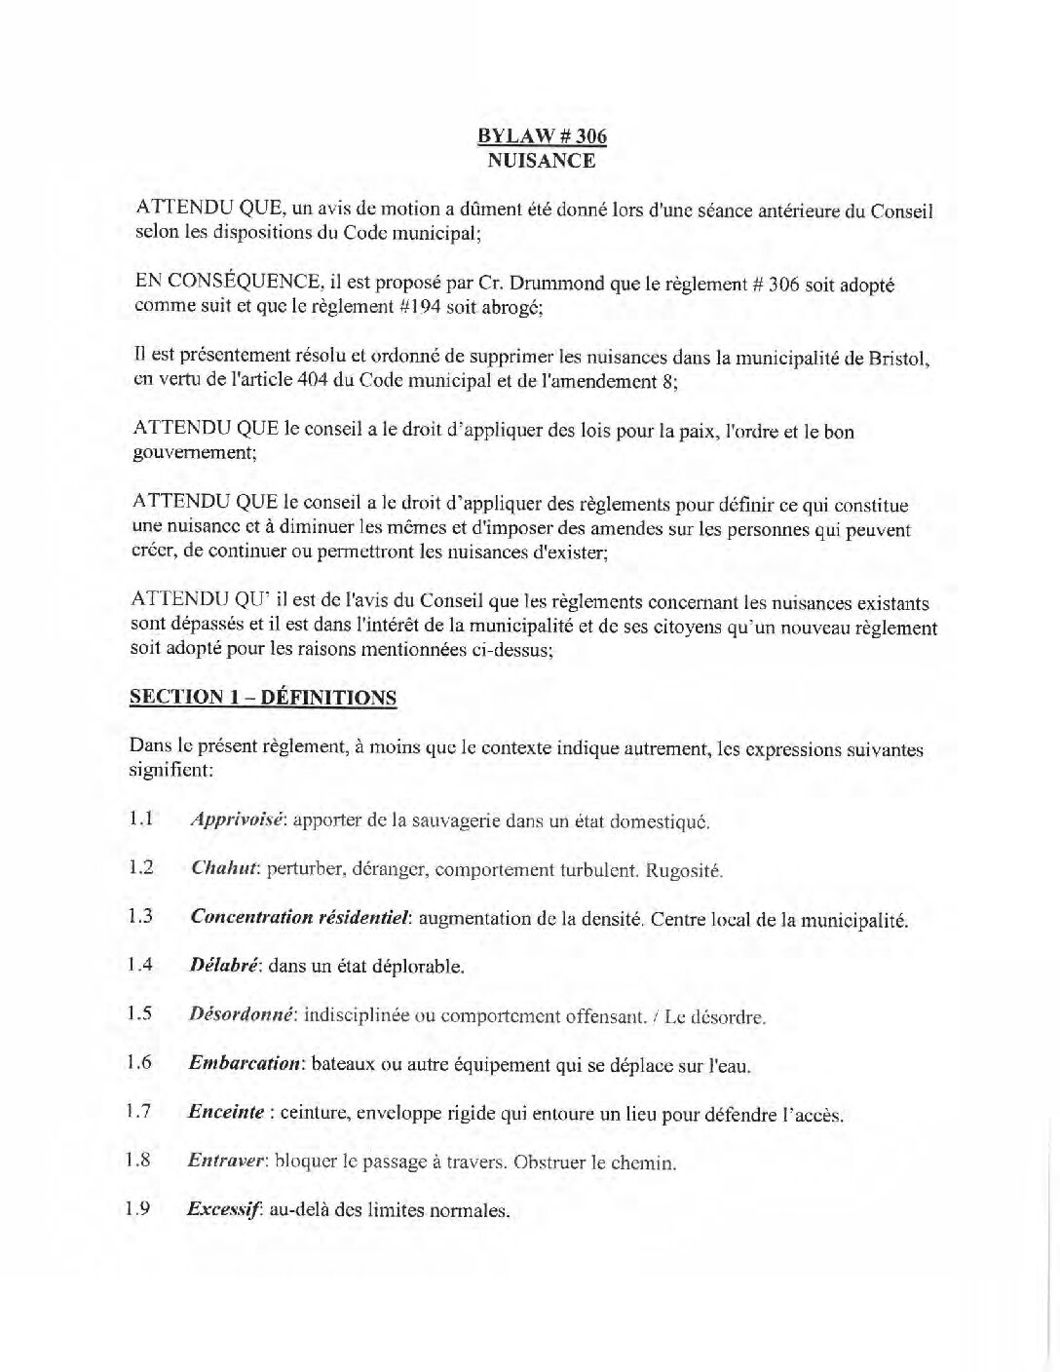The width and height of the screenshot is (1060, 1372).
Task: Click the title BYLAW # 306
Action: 542,136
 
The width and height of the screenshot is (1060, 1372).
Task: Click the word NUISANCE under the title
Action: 542,161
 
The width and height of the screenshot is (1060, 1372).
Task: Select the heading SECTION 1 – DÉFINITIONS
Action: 263,698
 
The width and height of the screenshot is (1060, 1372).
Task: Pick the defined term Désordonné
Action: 242,1015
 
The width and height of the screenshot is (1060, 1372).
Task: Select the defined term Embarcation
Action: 244,1064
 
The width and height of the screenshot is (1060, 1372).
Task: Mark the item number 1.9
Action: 138,1210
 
